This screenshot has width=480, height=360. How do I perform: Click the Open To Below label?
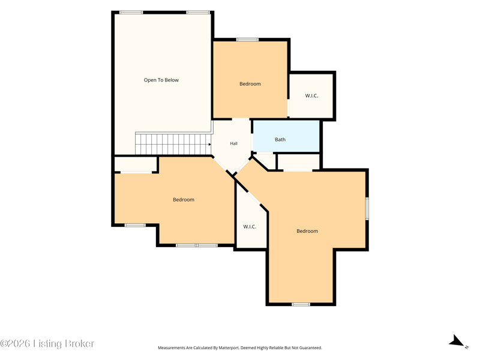click(x=161, y=80)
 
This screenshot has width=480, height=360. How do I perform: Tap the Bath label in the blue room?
click(x=280, y=139)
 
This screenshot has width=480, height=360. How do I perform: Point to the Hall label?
click(x=233, y=143)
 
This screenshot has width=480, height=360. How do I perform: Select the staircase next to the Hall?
click(x=173, y=143)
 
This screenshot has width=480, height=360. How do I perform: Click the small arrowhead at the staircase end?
click(x=209, y=144)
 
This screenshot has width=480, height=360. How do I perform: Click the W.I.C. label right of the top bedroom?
click(x=311, y=95)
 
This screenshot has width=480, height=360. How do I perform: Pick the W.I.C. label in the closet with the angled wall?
click(x=250, y=227)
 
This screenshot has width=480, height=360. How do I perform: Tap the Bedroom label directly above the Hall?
click(x=250, y=83)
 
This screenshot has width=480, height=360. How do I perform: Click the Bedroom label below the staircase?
click(x=184, y=200)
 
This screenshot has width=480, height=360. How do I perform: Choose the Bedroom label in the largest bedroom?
click(x=307, y=231)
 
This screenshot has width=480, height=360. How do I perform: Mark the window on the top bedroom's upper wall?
click(x=247, y=40)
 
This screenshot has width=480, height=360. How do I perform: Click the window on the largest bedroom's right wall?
click(x=367, y=208)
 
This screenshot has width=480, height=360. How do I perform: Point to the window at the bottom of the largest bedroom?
click(x=301, y=304)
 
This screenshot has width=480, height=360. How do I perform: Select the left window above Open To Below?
click(x=131, y=13)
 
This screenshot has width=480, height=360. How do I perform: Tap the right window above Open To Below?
click(x=199, y=13)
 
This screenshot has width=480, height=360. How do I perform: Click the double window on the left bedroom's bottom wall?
click(x=197, y=245)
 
